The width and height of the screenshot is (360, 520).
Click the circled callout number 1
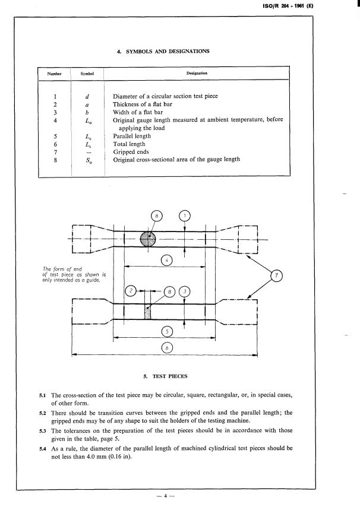(185, 216)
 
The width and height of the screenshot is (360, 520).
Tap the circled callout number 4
(168, 259)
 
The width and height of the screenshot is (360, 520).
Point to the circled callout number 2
(131, 291)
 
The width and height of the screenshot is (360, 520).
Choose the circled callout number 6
(168, 347)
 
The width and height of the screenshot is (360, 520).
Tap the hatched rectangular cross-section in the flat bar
(148, 312)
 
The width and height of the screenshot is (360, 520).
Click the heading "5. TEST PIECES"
(164, 376)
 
